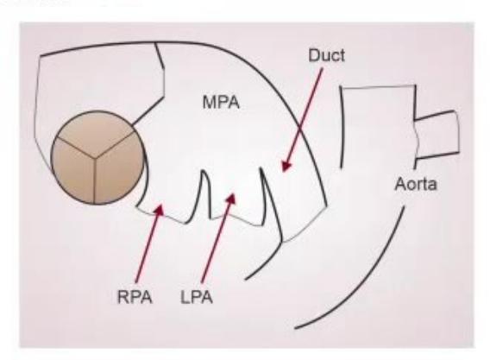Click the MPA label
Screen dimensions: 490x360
point(221,102)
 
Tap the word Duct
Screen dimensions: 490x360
point(327,55)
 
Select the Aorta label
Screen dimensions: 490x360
point(416,184)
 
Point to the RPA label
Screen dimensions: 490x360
point(135,297)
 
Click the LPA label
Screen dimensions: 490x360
point(197,297)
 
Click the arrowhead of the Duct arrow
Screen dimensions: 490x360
point(286,166)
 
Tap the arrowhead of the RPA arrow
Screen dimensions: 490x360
point(160,209)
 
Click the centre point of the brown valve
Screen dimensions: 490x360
point(95,157)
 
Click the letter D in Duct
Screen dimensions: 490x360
point(314,55)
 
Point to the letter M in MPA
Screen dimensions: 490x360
point(209,103)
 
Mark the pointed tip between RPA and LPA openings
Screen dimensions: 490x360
point(204,171)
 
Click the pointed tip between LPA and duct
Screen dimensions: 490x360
point(261,169)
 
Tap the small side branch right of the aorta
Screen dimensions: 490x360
point(437,136)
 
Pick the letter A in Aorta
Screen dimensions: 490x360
point(400,184)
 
